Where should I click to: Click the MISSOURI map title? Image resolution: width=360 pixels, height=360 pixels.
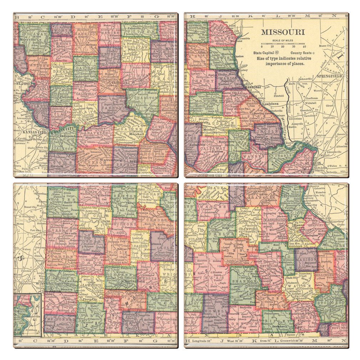pos(283,32)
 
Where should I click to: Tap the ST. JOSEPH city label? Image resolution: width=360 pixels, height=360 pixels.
pos(24,84)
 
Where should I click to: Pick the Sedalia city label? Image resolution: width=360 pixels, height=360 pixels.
pos(127,161)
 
